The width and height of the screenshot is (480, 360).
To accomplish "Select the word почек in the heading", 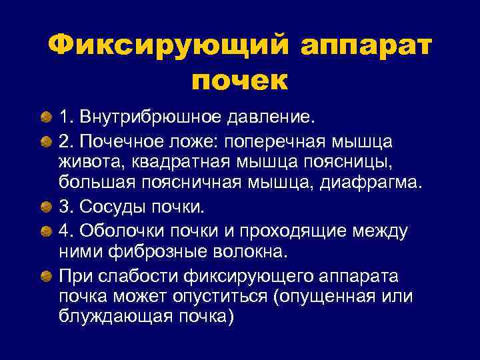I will click(239, 81).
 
